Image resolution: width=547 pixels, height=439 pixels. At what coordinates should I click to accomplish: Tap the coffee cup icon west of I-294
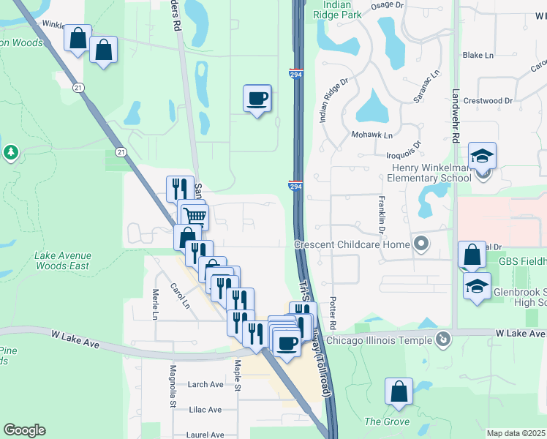257,98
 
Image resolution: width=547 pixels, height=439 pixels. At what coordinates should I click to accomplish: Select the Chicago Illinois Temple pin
443,339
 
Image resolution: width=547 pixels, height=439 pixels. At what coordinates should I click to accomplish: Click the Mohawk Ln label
372,135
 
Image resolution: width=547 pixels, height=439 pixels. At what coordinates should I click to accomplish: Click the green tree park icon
10,152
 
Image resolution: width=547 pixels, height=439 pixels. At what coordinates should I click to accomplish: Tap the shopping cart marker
195,216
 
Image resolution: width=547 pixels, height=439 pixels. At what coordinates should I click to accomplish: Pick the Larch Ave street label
205,384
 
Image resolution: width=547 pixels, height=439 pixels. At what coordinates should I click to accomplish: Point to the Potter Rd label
333,313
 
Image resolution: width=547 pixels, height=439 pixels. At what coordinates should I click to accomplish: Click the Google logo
24,430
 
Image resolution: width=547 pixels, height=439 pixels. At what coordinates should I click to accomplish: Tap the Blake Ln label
478,55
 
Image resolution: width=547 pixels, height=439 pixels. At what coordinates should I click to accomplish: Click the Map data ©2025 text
516,433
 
